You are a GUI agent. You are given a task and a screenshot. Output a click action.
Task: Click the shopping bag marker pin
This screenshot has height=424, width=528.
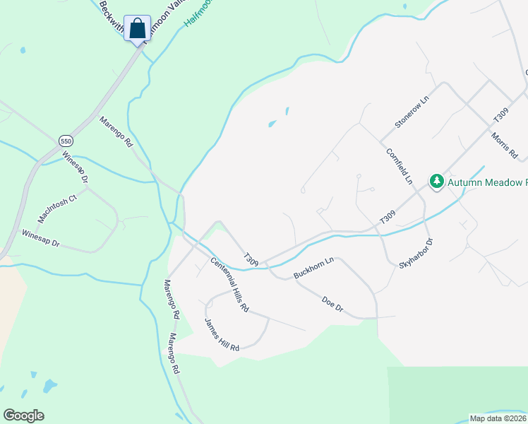[x=137, y=30]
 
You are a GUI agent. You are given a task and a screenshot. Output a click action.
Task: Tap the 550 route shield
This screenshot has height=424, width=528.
[x=66, y=141]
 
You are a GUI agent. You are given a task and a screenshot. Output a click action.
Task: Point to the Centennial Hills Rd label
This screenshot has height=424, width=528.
[x=230, y=285]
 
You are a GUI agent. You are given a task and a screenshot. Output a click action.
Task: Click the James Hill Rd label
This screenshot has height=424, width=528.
[x=222, y=335]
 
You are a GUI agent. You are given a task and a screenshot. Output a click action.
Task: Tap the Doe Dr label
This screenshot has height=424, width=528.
[x=332, y=305]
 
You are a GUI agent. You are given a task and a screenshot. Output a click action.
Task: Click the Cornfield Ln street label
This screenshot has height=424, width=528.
[x=399, y=166]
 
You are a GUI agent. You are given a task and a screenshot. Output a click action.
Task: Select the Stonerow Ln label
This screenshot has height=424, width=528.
[x=412, y=112]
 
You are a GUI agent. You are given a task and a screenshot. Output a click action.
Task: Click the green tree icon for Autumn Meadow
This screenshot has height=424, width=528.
[x=437, y=182]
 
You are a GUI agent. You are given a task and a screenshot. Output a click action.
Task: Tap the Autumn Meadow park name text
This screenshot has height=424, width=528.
[x=488, y=182]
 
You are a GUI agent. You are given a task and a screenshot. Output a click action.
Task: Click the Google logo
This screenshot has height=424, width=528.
[x=24, y=416]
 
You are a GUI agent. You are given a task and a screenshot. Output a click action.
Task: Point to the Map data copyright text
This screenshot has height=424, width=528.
[x=498, y=418]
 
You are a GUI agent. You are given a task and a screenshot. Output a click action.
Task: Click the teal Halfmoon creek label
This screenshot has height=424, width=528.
[x=200, y=13]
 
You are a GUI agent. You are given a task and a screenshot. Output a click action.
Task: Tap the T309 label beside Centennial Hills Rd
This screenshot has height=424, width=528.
[x=251, y=259]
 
